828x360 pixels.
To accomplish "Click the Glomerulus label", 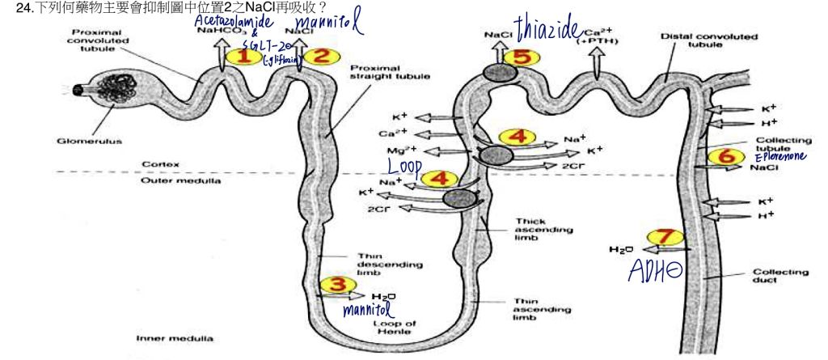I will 79,141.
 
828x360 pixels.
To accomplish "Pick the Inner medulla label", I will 166,337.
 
